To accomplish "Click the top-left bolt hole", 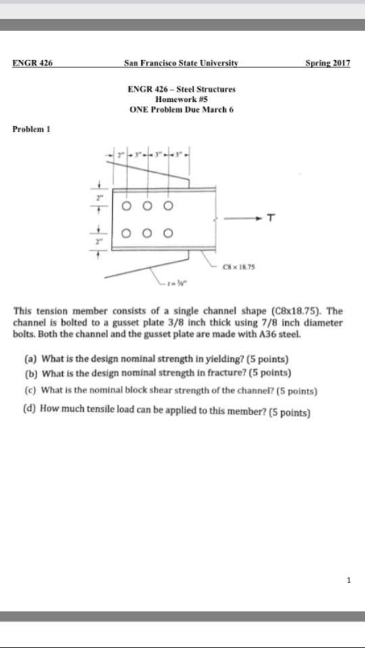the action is (x=126, y=205).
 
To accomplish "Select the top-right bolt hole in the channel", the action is (x=168, y=205).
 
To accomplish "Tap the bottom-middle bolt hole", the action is (x=147, y=234).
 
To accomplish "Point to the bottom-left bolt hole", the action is (x=126, y=234).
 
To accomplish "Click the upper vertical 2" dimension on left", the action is (x=99, y=198).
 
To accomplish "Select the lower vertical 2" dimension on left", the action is (x=99, y=240).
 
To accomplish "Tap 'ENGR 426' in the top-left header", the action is (x=32, y=63).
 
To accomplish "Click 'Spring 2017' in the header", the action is (x=328, y=63).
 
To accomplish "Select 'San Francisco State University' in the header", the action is (x=181, y=63).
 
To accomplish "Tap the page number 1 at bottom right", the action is (x=348, y=579).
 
